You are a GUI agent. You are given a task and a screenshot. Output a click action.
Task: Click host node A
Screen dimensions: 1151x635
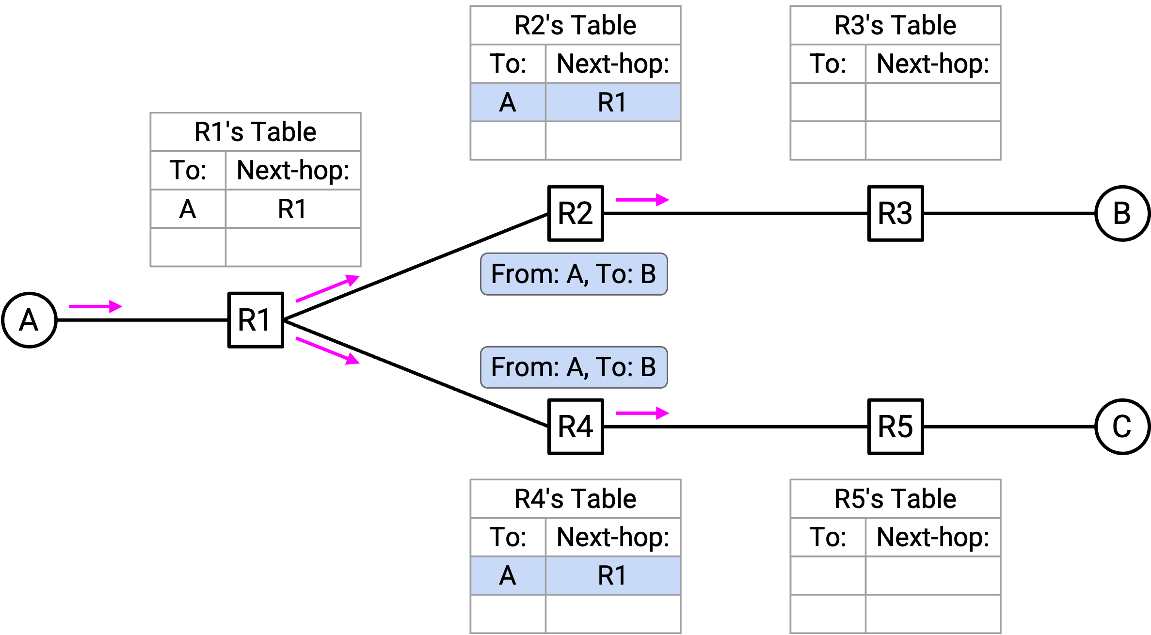click(29, 320)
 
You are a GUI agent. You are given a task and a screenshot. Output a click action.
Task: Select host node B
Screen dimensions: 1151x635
click(1122, 213)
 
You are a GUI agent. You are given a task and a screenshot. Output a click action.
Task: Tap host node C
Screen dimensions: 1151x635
click(1122, 427)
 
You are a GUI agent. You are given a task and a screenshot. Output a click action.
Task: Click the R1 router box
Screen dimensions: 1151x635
click(256, 320)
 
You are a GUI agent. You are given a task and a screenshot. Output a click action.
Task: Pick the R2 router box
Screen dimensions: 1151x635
click(575, 213)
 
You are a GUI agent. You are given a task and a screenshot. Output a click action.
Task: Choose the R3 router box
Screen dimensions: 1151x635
click(895, 213)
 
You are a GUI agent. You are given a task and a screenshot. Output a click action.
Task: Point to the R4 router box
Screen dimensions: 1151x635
click(575, 427)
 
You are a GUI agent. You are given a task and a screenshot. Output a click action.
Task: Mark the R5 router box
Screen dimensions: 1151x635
click(895, 427)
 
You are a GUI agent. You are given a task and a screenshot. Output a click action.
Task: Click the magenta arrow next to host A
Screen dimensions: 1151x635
click(96, 306)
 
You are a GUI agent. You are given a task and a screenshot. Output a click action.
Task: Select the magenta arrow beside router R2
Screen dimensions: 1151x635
click(642, 200)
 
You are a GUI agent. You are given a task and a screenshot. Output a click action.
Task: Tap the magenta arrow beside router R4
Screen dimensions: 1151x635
click(642, 413)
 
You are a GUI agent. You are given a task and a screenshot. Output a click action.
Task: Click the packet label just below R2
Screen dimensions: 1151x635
click(574, 274)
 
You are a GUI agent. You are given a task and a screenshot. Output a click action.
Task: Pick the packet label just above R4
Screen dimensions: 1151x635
click(574, 367)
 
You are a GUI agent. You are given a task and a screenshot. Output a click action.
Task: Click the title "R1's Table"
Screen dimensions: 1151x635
click(256, 132)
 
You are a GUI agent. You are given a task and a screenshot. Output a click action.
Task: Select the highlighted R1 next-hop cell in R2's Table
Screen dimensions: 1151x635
click(613, 102)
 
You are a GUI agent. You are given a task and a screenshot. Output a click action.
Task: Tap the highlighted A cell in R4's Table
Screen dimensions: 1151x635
click(508, 576)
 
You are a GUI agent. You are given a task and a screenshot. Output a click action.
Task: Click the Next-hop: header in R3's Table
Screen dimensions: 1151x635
click(933, 64)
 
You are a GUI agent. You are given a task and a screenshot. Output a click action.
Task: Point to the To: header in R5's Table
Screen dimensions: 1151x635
click(828, 538)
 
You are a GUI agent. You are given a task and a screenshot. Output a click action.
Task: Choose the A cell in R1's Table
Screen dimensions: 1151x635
click(188, 209)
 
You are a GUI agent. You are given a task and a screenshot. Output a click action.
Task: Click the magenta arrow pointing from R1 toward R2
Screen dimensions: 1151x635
click(328, 288)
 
